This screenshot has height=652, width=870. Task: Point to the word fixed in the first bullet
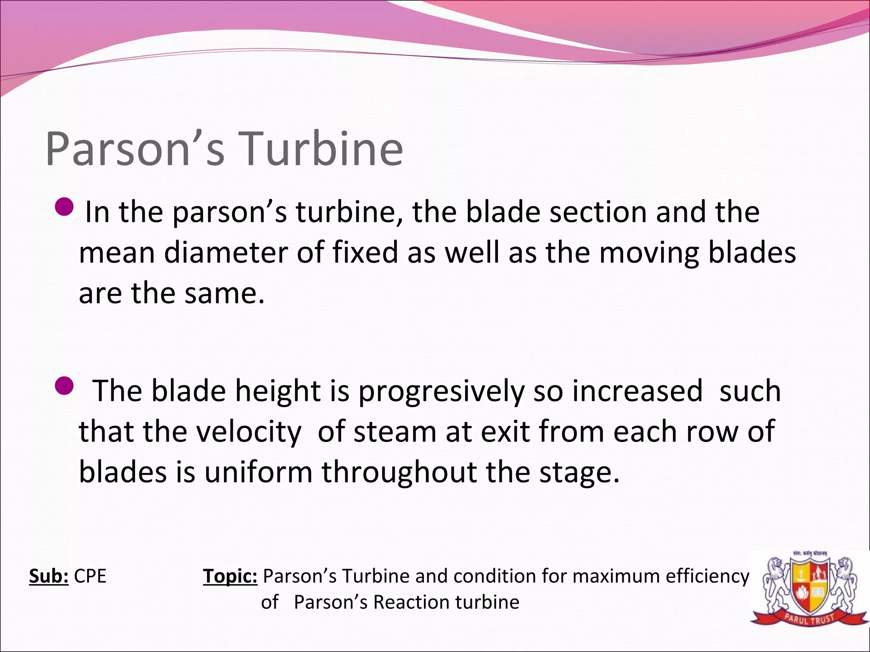[x=364, y=253]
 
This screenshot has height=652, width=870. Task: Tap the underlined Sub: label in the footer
[x=48, y=576]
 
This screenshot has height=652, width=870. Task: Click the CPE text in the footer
[x=90, y=576]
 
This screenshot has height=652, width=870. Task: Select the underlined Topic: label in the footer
[x=230, y=576]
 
